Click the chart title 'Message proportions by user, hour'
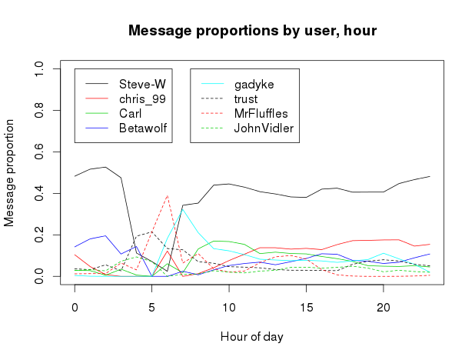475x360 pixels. (252, 31)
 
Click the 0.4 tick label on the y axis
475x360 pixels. (39, 193)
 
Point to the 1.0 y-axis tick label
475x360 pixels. (39, 68)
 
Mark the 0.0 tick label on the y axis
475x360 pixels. (39, 276)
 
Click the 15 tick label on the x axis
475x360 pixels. (306, 308)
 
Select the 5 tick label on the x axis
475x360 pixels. (151, 308)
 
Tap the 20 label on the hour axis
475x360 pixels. (384, 308)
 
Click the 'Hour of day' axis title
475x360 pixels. (252, 337)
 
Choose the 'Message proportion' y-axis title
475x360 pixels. (9, 173)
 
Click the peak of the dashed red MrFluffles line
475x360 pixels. (168, 195)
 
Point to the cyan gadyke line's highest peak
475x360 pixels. (183, 209)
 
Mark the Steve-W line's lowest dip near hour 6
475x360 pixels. (168, 271)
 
